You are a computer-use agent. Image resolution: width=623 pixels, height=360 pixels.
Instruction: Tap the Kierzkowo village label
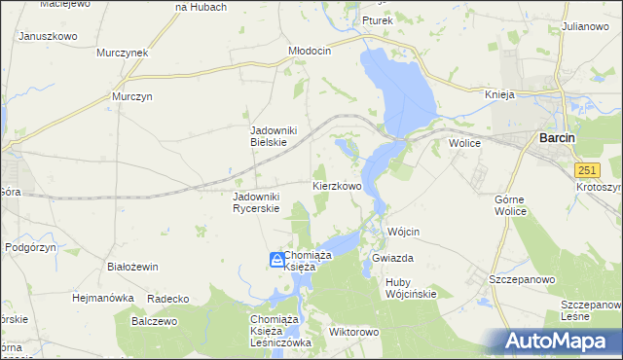(x=337, y=185)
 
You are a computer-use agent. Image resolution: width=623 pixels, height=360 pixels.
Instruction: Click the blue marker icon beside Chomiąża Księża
(x=276, y=260)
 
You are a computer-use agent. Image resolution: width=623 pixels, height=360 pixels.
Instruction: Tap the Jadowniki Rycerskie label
(x=256, y=201)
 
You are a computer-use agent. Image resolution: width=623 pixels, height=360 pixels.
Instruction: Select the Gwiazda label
(x=393, y=259)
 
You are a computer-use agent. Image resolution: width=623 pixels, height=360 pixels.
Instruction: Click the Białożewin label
(x=132, y=266)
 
